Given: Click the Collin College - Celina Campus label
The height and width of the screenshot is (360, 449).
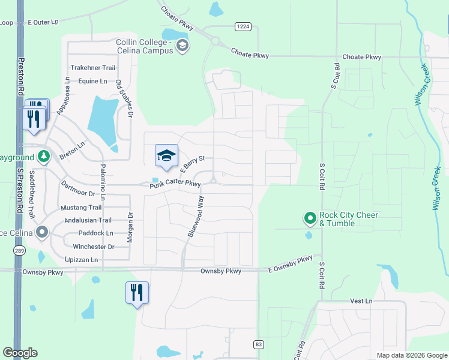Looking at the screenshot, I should [145, 46].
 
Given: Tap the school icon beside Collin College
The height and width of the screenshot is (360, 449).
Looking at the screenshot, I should [182, 46].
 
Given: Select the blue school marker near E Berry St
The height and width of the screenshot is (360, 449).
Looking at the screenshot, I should [166, 156].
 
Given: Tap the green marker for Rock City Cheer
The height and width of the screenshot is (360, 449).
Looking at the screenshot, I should [310, 218].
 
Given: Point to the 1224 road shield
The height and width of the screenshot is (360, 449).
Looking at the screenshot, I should [243, 26].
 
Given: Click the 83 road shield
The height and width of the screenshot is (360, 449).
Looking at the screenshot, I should [258, 344].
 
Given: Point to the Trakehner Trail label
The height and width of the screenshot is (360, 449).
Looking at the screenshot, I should [92, 68].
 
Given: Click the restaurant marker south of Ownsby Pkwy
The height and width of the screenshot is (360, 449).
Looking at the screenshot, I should [137, 293].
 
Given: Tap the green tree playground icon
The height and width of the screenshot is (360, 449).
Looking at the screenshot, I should [43, 157].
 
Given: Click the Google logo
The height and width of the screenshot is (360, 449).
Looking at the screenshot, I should [20, 353].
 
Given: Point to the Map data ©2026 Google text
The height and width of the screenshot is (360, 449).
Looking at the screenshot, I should [411, 355].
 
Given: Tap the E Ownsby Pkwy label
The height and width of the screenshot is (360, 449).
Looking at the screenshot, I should [291, 265].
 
